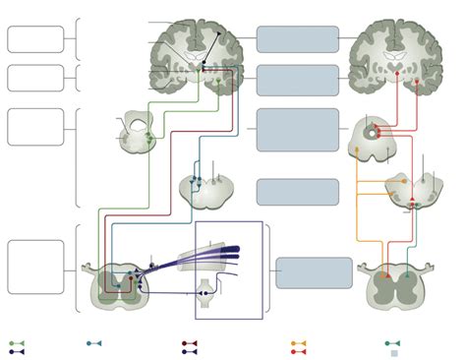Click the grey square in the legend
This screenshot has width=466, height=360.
[394, 352]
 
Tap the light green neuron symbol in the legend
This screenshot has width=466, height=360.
[18, 343]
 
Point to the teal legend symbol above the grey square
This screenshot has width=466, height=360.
[393, 343]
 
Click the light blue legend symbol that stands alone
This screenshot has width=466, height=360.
[94, 343]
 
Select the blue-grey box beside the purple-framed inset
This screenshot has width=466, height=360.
[314, 272]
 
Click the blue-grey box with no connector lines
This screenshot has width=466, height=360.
[297, 191]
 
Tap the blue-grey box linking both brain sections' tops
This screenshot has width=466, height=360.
[297, 39]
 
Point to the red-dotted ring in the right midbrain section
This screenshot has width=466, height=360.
[371, 131]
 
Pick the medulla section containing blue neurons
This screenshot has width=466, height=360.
[204, 186]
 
